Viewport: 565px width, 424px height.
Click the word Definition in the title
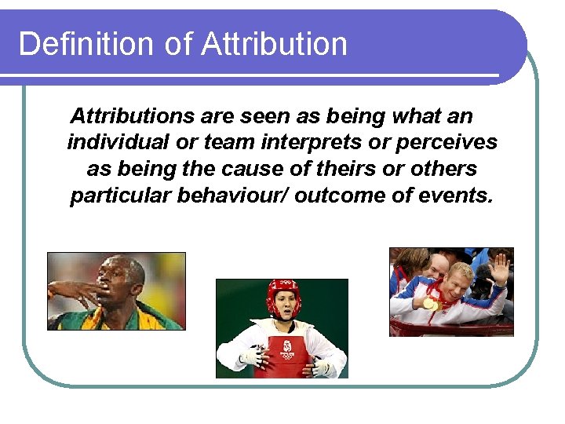tap(86, 43)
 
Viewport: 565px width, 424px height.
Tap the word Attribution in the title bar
tap(274, 43)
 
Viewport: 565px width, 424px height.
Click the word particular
tap(120, 196)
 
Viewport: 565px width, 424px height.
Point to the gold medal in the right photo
tap(428, 303)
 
